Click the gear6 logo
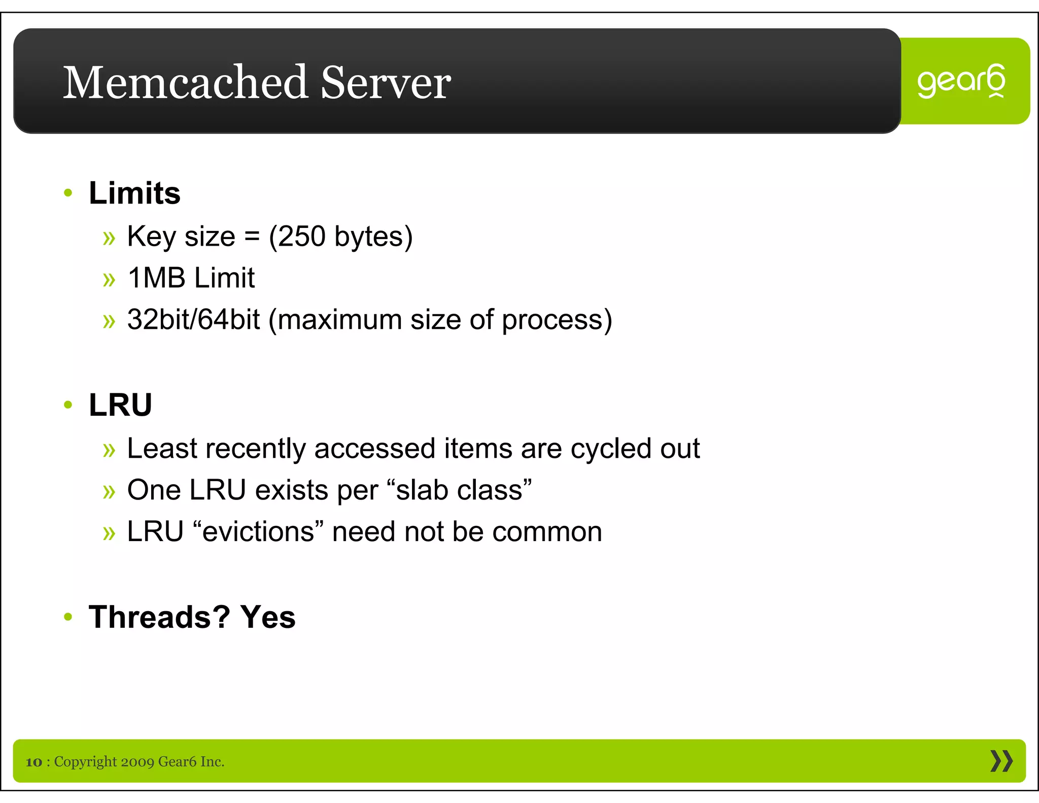click(x=961, y=81)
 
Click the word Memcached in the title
click(x=185, y=82)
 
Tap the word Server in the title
click(x=386, y=82)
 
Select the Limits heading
click(x=134, y=193)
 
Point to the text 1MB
click(x=156, y=278)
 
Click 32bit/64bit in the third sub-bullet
click(x=193, y=320)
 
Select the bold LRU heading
click(x=120, y=405)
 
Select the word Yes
click(x=268, y=617)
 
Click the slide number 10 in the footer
click(x=34, y=762)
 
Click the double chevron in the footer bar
click(x=1001, y=761)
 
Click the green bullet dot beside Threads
click(x=68, y=617)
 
